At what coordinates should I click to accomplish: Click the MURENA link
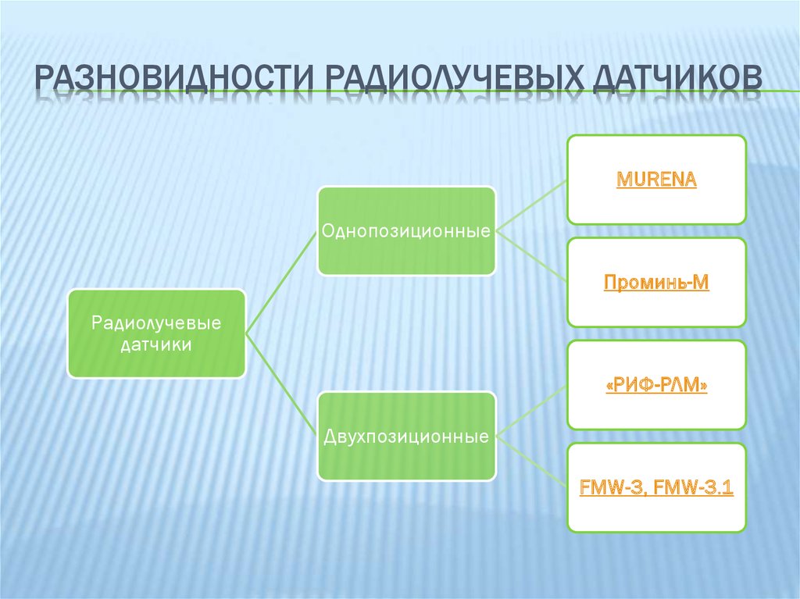[656, 180]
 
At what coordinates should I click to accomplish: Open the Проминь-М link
[656, 282]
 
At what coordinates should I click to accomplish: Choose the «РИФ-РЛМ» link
[656, 385]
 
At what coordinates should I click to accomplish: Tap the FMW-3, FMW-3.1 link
[656, 488]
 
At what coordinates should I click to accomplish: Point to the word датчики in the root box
[156, 344]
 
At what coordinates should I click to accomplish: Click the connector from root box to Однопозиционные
[281, 283]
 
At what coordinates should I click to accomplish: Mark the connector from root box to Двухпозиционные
[281, 383]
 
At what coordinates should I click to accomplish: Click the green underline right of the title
[781, 91]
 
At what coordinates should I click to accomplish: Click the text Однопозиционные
[406, 232]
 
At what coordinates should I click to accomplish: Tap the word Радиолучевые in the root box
[156, 322]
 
